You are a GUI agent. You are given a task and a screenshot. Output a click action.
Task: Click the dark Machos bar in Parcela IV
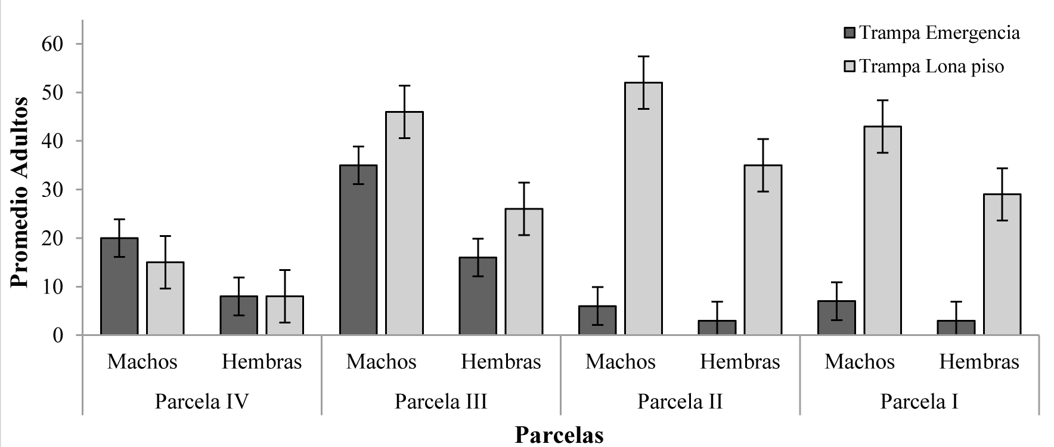click(x=119, y=286)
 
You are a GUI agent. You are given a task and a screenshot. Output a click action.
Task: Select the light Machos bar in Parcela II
click(x=643, y=209)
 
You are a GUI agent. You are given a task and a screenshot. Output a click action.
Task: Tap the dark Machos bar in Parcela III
click(x=358, y=250)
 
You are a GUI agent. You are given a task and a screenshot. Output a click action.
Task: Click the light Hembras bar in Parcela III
click(x=523, y=272)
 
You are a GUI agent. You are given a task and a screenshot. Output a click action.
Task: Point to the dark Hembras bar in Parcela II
click(x=717, y=328)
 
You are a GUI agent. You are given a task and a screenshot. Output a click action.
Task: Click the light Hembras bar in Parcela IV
click(x=284, y=316)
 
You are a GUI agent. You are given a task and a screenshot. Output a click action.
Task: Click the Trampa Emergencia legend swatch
click(x=849, y=33)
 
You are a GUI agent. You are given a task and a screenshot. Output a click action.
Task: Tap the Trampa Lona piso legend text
click(x=932, y=66)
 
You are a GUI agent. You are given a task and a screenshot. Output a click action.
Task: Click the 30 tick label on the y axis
click(x=52, y=190)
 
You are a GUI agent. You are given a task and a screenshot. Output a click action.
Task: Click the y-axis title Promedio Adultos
click(x=19, y=192)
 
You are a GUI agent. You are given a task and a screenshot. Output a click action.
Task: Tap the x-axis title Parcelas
click(x=559, y=434)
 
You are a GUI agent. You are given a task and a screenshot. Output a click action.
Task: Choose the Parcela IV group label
click(x=201, y=401)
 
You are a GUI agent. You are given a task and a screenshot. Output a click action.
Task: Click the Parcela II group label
click(x=680, y=401)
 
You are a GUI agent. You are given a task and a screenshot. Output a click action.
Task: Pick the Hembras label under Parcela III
click(x=501, y=362)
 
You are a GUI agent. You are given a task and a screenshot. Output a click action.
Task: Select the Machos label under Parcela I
click(x=860, y=362)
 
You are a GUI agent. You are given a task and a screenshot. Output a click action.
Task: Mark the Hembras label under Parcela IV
click(x=262, y=362)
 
